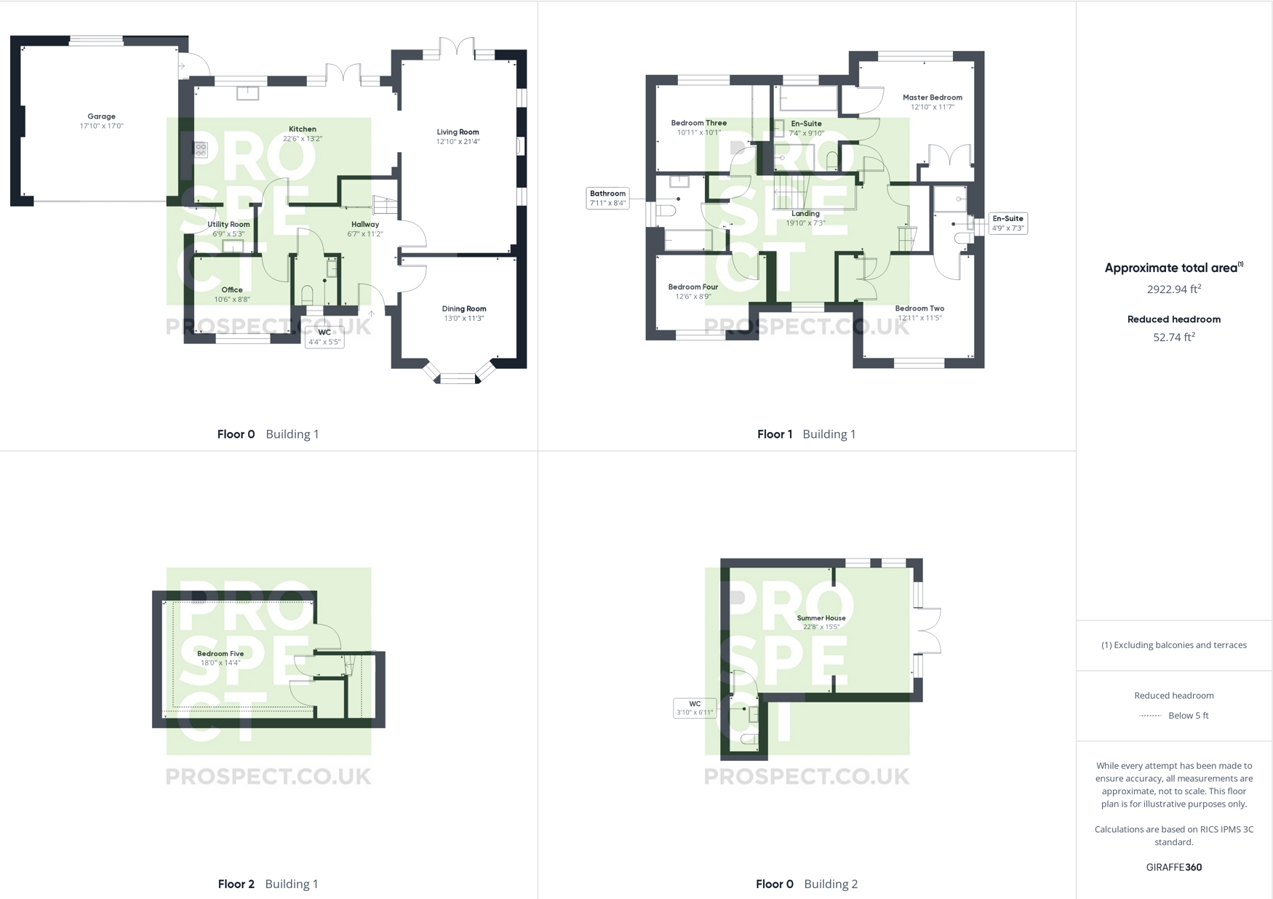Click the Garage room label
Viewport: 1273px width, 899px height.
101,116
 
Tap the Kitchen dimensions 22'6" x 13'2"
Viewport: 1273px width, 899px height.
303,138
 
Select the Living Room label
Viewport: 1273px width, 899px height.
458,132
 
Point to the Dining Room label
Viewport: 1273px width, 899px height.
464,309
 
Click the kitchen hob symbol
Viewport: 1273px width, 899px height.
201,150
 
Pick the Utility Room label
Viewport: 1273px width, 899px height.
228,225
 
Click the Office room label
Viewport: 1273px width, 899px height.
232,290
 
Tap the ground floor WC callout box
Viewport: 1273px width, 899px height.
324,337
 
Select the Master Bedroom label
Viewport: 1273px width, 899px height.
932,97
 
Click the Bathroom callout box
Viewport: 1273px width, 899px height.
607,198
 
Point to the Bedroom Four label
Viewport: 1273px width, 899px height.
693,287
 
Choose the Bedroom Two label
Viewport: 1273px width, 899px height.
919,308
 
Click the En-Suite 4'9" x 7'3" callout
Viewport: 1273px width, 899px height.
1007,223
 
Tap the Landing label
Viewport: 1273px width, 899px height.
805,214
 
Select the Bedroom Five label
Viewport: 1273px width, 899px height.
220,654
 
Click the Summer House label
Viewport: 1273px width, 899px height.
821,618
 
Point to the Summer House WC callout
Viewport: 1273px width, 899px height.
695,708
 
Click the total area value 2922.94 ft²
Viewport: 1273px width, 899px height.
1173,289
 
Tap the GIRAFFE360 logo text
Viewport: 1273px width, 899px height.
1173,867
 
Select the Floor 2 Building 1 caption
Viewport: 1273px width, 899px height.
268,884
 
